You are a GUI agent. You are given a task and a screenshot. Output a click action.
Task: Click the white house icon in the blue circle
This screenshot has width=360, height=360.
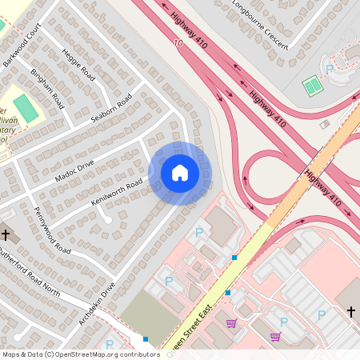point(180,172)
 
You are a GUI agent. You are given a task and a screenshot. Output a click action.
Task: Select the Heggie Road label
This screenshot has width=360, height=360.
point(78,65)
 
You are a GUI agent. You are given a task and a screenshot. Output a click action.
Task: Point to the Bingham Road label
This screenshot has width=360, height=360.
point(47,87)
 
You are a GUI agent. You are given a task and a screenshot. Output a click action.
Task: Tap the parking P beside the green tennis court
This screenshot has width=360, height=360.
point(330,70)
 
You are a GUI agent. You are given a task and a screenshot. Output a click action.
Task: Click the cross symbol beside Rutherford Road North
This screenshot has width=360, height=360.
point(6,235)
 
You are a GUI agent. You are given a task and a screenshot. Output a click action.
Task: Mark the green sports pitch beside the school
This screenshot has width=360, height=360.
point(26,109)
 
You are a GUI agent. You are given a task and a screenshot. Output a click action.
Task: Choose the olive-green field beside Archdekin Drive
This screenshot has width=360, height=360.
point(152,316)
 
